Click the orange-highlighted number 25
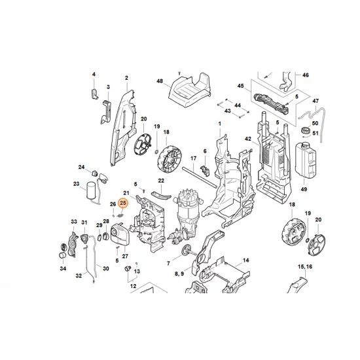123,203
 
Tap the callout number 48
160,81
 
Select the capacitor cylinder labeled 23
92,190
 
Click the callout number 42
248,139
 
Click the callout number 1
220,124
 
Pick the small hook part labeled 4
94,94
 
